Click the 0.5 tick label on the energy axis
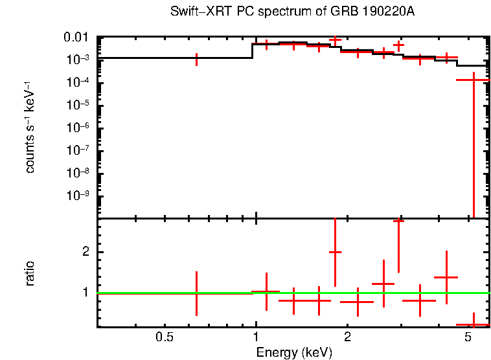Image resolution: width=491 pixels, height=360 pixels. coord(165,337)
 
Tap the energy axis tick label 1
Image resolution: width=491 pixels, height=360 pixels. coord(256,337)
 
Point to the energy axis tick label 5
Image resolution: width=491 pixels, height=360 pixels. coord(468,337)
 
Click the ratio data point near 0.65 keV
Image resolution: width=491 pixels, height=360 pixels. coord(197,293)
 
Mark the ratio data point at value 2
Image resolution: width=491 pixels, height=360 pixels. coord(335,252)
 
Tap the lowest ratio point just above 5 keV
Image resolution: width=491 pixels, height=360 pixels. coord(474,324)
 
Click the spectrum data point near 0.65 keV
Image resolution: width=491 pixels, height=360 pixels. coord(197,59)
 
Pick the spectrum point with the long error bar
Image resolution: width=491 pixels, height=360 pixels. coord(474,80)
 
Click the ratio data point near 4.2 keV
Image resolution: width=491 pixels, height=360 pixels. coord(446,277)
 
